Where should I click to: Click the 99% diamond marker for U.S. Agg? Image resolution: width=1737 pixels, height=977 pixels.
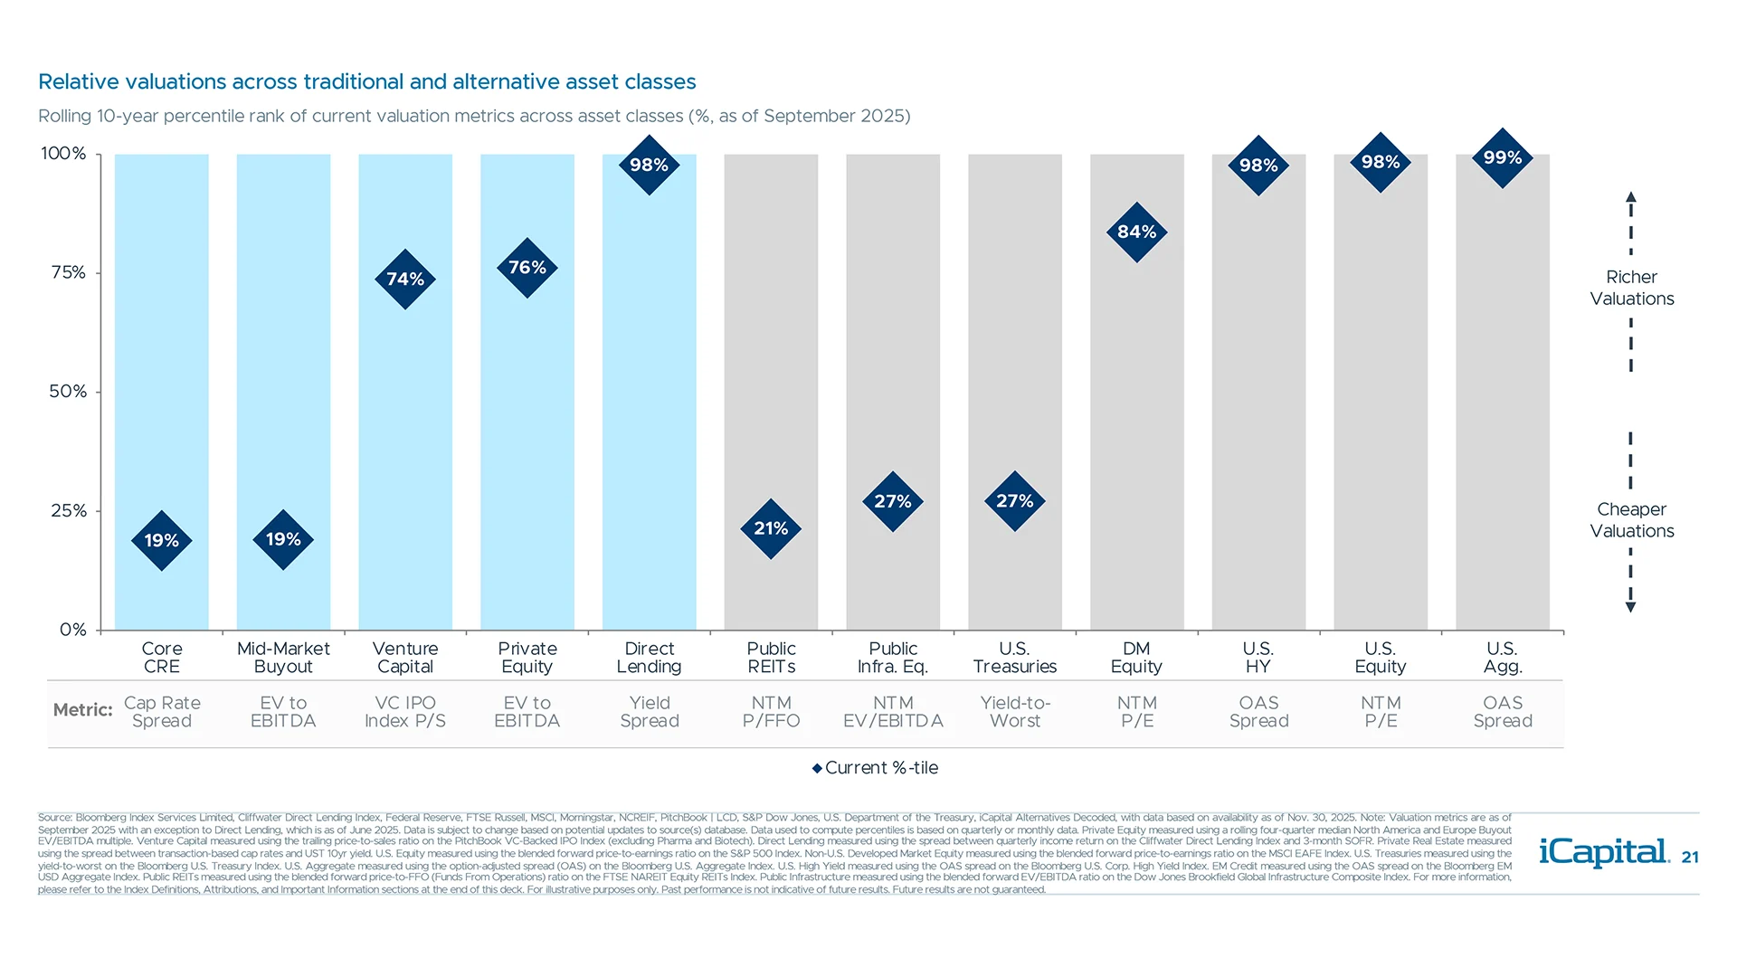coord(1502,158)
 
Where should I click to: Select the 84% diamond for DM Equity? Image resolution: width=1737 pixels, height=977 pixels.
coord(1136,232)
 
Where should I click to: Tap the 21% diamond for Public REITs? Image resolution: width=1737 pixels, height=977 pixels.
coord(771,529)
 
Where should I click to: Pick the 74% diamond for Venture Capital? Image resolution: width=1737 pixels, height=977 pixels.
coord(405,280)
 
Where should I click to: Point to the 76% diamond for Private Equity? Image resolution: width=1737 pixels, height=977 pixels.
coord(527,269)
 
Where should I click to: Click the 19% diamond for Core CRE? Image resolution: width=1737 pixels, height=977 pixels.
coord(162,541)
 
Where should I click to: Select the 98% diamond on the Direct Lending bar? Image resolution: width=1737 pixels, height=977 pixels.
coord(649,166)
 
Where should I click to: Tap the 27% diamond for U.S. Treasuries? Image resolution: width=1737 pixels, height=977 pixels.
coord(1014,501)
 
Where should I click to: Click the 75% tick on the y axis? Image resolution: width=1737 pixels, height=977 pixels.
coord(69,273)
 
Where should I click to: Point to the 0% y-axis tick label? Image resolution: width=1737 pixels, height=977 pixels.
coord(72,630)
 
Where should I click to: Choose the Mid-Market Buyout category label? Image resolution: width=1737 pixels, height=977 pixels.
coord(283,658)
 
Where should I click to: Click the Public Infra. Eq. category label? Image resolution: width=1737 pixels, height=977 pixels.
coord(893,658)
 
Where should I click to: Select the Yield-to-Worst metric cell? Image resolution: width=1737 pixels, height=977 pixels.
coord(1014,712)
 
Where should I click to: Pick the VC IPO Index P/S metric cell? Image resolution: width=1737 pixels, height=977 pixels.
coord(405,712)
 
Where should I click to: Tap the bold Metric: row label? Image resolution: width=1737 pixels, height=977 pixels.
coord(82,710)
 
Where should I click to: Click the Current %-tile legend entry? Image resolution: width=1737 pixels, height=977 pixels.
coord(875,768)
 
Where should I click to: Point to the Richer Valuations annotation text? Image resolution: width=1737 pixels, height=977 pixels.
coord(1631,288)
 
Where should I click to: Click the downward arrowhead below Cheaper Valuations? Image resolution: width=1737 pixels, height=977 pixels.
coord(1630,608)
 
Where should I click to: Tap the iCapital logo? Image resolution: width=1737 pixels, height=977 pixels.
coord(1603,852)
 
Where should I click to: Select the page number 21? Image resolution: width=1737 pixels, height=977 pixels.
coord(1690,858)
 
